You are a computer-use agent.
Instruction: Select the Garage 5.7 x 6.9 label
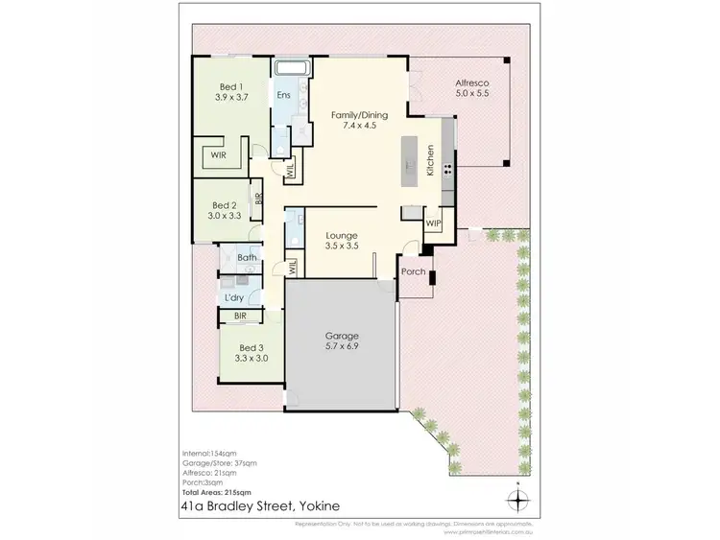click(340, 340)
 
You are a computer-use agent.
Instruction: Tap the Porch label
click(413, 271)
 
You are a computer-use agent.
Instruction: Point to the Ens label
click(284, 96)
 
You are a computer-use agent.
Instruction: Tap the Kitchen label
click(431, 159)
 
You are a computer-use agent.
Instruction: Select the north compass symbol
click(518, 499)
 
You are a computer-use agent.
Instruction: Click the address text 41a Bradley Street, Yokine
click(256, 507)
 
